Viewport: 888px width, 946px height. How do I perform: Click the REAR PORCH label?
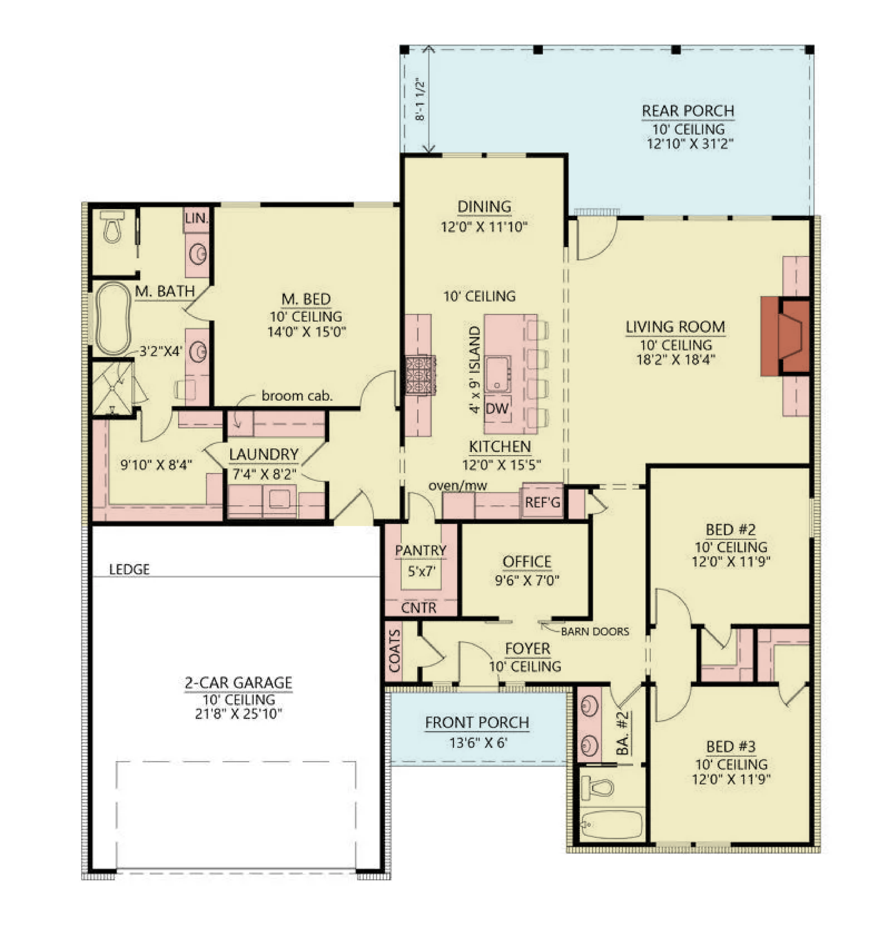pos(688,111)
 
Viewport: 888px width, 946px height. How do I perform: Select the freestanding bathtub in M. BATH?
pos(113,318)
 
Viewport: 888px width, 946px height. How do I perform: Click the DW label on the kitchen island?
pos(497,408)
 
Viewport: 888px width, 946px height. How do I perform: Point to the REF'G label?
pos(542,502)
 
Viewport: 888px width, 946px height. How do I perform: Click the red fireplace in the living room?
pos(785,336)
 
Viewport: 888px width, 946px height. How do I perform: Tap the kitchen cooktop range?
pos(420,375)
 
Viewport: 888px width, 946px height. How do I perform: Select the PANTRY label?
pos(421,551)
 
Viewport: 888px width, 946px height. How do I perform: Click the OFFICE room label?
pos(527,561)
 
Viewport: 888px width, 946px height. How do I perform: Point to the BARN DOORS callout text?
pos(595,631)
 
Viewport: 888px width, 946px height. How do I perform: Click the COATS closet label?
pos(395,651)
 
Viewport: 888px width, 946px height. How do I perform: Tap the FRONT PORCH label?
pos(477,722)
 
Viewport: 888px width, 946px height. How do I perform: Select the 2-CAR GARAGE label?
pos(238,683)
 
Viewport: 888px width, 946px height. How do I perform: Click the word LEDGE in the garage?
pos(130,570)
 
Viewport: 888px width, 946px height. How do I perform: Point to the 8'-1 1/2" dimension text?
pos(420,99)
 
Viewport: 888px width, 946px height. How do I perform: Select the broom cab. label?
pos(297,395)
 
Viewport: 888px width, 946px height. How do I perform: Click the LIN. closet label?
pos(196,219)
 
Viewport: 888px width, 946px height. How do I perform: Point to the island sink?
pos(498,374)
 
